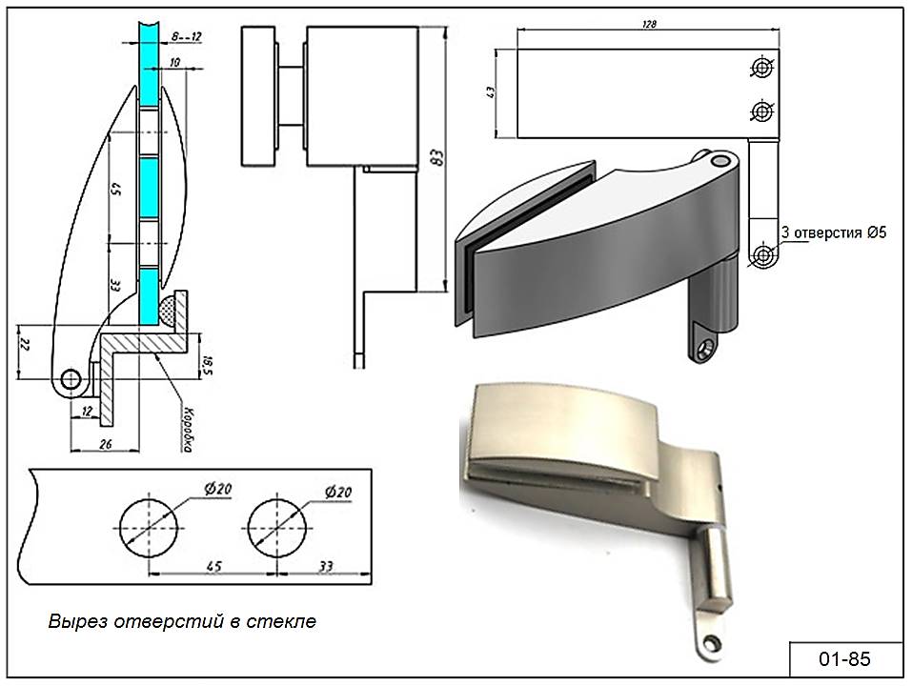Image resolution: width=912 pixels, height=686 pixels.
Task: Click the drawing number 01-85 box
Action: [843, 658]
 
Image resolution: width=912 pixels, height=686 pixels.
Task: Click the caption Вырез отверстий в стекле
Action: [182, 622]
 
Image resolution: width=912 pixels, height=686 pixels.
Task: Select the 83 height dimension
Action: [436, 158]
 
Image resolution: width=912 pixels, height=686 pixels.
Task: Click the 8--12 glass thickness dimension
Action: [186, 35]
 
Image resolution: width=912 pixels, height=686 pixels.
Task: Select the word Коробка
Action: [188, 431]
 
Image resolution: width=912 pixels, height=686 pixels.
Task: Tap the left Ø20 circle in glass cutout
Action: [148, 526]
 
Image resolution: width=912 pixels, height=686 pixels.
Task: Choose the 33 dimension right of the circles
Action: [326, 567]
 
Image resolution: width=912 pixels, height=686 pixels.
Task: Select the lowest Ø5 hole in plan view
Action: [762, 254]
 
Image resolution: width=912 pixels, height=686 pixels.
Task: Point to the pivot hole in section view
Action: [70, 380]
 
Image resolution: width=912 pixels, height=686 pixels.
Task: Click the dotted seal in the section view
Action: [173, 310]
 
